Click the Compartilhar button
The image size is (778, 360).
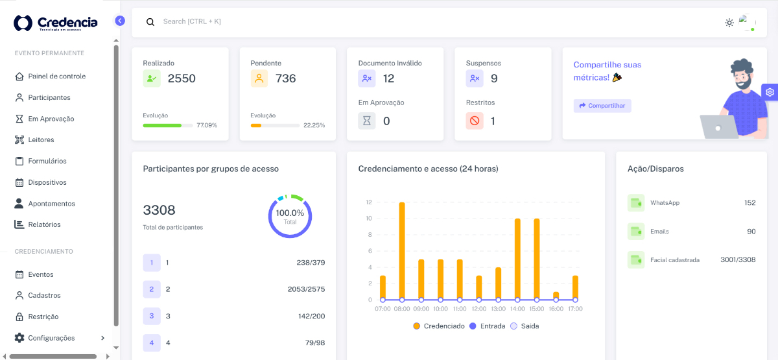pos(602,106)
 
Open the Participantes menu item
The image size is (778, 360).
pos(49,97)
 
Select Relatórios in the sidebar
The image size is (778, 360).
pos(44,224)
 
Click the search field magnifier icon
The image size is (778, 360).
pos(150,22)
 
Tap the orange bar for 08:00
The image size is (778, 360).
pos(402,250)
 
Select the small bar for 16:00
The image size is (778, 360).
pos(556,295)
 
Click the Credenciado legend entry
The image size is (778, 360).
pos(439,326)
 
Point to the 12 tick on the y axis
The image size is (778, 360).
pos(368,202)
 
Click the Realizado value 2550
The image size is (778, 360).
pos(182,78)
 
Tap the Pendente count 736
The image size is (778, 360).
pos(285,78)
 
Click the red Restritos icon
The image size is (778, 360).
pos(475,121)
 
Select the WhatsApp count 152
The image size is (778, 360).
pos(749,203)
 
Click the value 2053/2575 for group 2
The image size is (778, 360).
pos(306,289)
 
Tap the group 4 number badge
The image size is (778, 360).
pos(152,342)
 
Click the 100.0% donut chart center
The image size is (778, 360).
pos(290,216)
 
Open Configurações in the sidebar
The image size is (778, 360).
pos(51,338)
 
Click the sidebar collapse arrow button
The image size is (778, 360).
pos(120,21)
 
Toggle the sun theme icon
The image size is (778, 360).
pos(729,23)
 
